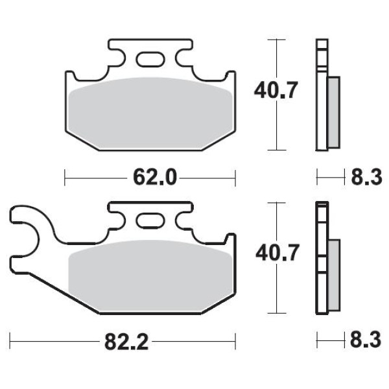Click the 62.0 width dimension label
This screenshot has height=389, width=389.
(x=155, y=178)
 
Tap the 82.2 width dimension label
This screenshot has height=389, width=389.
(x=126, y=342)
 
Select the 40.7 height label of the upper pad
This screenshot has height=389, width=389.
(x=276, y=90)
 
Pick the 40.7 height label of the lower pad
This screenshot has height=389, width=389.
(x=277, y=253)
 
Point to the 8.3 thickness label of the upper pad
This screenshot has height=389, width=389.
(x=366, y=178)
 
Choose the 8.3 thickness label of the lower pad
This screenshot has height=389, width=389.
(x=366, y=340)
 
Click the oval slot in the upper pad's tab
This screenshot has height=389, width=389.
(x=150, y=59)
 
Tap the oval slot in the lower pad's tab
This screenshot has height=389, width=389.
(x=150, y=221)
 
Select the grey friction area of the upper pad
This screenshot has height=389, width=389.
(x=150, y=113)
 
